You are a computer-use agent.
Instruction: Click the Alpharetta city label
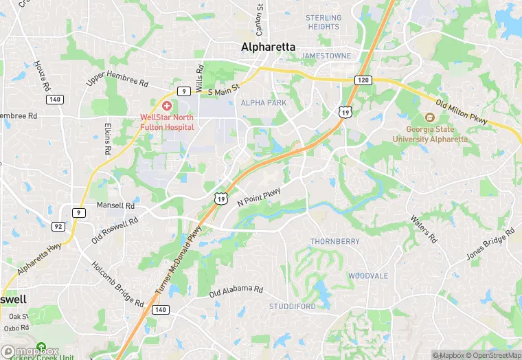coord(268,47)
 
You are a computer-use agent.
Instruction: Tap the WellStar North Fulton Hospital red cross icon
coord(166,106)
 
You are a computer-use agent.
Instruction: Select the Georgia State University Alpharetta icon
coord(430,118)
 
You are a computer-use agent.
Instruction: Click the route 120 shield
coord(364,80)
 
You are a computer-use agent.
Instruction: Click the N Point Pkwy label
coord(259,195)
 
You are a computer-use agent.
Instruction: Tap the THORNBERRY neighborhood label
coord(334,242)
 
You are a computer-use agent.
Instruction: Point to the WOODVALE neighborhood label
coord(367,275)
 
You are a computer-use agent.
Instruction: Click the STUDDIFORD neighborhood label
coord(292,306)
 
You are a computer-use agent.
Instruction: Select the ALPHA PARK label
coord(263,102)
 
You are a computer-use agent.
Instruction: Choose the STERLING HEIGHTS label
coord(324,22)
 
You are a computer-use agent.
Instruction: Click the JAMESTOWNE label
coord(326,55)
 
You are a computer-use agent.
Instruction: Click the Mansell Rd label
coord(115,205)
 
